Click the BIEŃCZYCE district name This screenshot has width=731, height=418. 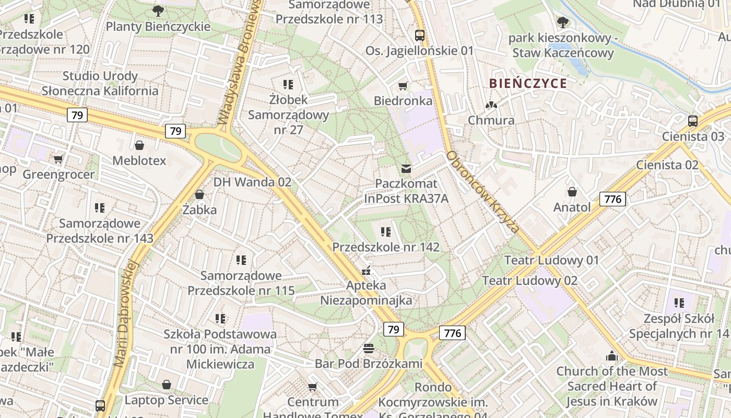528,84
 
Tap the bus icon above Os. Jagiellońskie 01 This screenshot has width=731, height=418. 419,36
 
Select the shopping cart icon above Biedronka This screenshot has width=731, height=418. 403,86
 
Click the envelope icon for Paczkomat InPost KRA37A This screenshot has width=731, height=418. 406,169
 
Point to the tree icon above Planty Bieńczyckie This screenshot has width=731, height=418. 158,10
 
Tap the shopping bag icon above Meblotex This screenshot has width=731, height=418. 139,145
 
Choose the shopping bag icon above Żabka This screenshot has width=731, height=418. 199,195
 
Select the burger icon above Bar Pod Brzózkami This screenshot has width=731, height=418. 369,349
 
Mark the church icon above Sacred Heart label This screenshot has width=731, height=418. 611,357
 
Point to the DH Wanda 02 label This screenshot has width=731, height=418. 252,182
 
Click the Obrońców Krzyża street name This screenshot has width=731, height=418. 483,192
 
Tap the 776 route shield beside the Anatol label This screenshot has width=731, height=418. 612,199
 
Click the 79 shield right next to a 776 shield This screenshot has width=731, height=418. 394,329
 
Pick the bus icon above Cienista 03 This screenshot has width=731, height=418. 692,121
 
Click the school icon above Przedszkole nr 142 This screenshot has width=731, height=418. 386,232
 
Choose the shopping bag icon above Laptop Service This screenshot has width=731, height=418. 166,385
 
